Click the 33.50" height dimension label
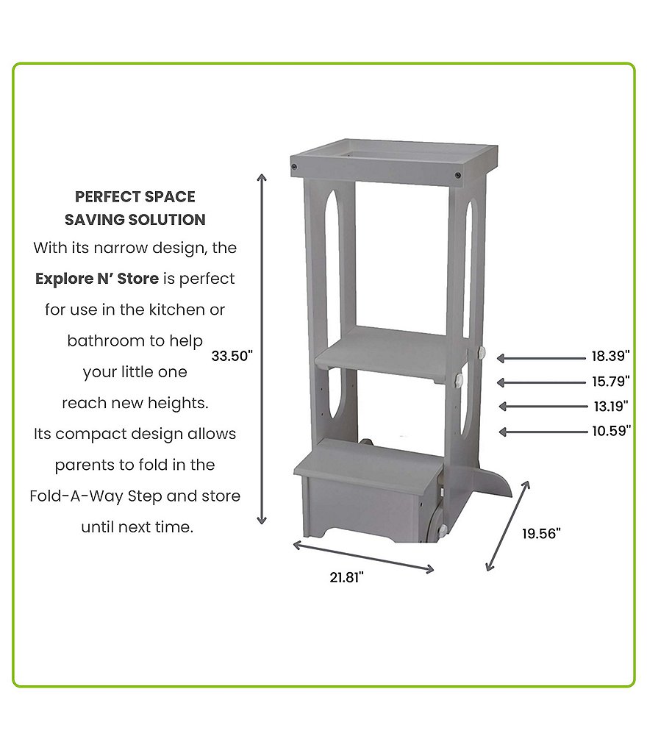tap(232, 356)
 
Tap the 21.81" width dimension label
tap(347, 577)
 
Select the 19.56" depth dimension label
tap(541, 533)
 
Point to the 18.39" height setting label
tap(611, 356)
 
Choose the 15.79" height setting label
tap(611, 381)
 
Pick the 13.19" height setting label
tap(611, 406)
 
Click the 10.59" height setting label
tap(612, 431)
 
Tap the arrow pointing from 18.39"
tap(541, 358)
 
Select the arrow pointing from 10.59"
tap(543, 432)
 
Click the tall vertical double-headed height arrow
tap(262, 349)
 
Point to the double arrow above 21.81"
tap(363, 557)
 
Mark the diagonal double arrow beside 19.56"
tap(508, 526)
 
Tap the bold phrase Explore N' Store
tap(96, 279)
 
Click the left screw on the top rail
tap(294, 167)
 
